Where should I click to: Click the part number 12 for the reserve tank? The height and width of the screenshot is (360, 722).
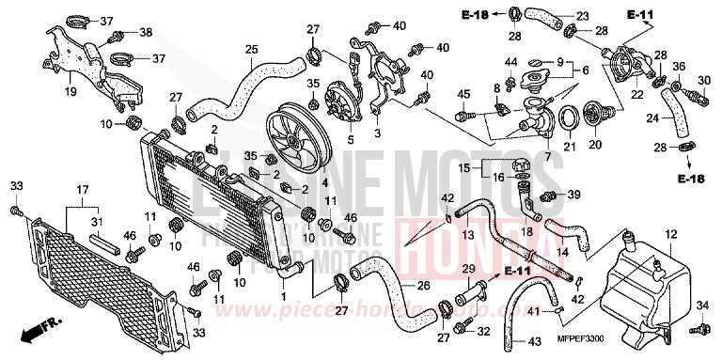(670, 233)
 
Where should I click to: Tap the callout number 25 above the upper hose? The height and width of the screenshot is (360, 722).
(251, 50)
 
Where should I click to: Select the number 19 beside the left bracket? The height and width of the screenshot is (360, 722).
(70, 93)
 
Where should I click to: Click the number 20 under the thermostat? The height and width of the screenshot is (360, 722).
(594, 146)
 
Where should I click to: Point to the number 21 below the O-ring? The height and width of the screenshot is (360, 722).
(568, 146)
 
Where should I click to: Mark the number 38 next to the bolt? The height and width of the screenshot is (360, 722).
(146, 32)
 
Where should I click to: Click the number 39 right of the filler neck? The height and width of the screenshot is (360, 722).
(573, 195)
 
